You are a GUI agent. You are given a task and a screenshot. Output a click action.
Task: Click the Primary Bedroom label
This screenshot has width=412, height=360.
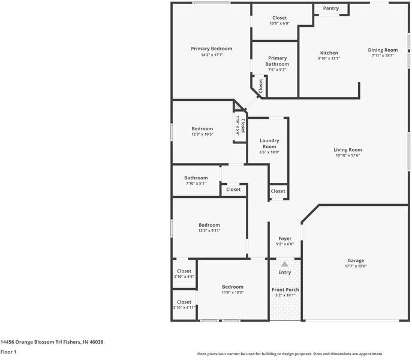pyautogui.click(x=211, y=49)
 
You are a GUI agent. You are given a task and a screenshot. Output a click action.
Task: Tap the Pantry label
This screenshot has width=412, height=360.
pyautogui.click(x=330, y=8)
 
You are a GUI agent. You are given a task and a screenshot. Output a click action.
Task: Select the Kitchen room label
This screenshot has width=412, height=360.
pyautogui.click(x=329, y=53)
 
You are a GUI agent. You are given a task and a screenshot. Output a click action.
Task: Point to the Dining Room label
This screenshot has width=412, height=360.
pyautogui.click(x=383, y=50)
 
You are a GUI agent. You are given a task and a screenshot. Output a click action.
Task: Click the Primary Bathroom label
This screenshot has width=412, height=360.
pyautogui.click(x=277, y=61)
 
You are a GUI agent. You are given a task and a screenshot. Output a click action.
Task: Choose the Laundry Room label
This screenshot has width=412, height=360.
pyautogui.click(x=269, y=143)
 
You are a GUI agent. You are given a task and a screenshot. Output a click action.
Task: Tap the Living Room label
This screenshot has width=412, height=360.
pyautogui.click(x=348, y=149)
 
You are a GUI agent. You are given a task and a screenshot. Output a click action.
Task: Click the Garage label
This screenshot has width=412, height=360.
pyautogui.click(x=356, y=260)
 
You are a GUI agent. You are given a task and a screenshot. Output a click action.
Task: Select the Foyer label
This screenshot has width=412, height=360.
pyautogui.click(x=285, y=238)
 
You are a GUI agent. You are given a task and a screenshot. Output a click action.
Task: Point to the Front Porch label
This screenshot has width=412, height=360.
pyautogui.click(x=285, y=290)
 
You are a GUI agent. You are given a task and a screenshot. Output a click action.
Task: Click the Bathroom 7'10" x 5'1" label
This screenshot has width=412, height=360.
pyautogui.click(x=196, y=178)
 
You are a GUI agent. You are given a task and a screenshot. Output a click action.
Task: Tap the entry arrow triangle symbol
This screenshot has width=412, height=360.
pyautogui.click(x=285, y=264)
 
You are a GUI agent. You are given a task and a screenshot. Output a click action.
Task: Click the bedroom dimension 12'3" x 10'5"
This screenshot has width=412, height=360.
pyautogui.click(x=202, y=134)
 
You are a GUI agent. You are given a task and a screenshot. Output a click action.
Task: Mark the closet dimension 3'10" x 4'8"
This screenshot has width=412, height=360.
pyautogui.click(x=184, y=277)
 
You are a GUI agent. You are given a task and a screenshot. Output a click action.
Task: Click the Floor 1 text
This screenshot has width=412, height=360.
pyautogui.click(x=8, y=352)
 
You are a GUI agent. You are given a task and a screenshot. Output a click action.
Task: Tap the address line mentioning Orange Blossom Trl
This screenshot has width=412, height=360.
pyautogui.click(x=52, y=342)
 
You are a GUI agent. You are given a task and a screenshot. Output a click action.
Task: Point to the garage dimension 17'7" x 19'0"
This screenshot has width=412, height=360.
pyautogui.click(x=356, y=266)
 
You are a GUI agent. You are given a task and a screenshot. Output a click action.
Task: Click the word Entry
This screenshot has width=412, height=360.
pyautogui.click(x=285, y=272)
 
